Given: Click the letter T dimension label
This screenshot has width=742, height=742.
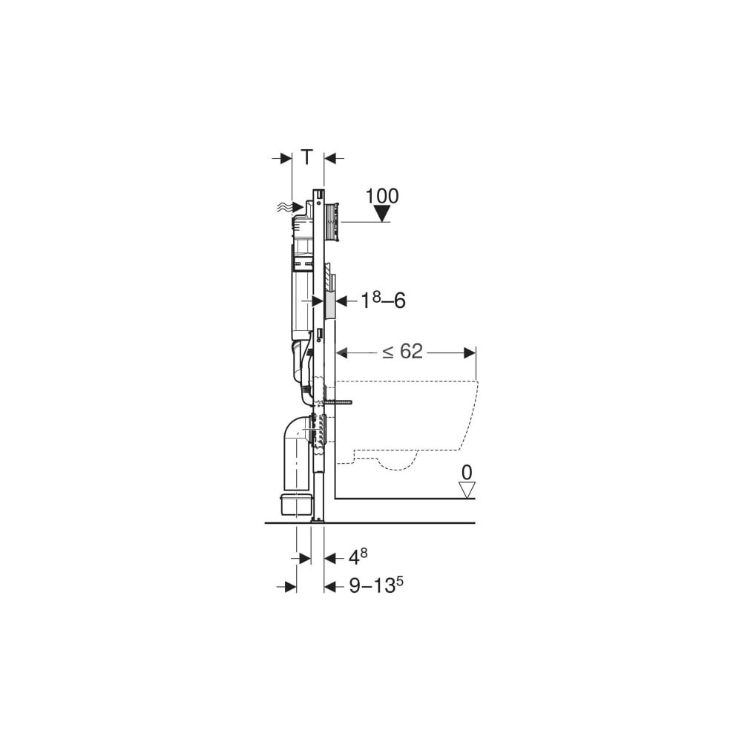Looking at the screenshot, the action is pos(307,157).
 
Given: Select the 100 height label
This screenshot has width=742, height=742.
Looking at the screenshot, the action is pos(382,195).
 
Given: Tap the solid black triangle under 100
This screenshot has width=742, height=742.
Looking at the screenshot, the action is pos(381,214).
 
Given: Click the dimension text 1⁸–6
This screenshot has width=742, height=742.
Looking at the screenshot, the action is pos(384,301).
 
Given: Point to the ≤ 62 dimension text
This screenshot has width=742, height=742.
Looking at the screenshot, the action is pos(402,352).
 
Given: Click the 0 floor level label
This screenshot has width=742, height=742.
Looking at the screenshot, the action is pos(467,472).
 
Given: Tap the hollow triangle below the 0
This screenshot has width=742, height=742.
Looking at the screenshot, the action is pos(467,490).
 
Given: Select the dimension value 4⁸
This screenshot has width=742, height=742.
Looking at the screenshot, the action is pos(358,557).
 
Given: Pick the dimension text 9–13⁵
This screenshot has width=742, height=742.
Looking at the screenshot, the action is pos(376,585).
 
